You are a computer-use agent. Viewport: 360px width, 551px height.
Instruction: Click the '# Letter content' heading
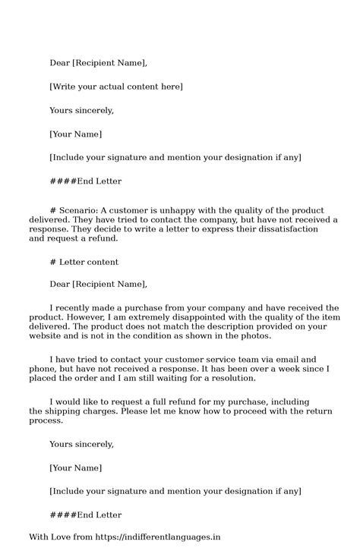click(x=84, y=262)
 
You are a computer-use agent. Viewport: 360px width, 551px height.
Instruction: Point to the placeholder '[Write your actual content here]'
click(x=115, y=87)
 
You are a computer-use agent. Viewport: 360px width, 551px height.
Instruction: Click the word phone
click(x=44, y=368)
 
